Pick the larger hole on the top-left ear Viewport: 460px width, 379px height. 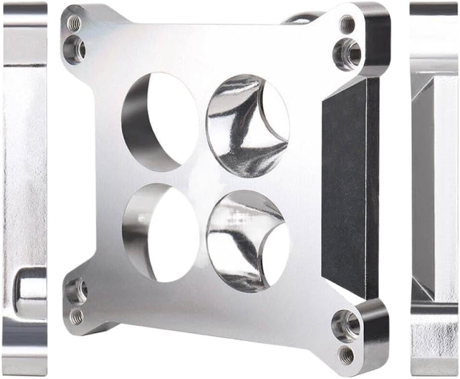pyautogui.click(x=75, y=49)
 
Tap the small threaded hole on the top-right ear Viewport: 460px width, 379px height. pyautogui.click(x=347, y=24)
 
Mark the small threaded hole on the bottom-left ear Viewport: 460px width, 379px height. pyautogui.click(x=77, y=316)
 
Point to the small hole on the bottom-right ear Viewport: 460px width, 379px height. pyautogui.click(x=347, y=355)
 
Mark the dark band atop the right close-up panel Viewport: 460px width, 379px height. pyautogui.click(x=434, y=9)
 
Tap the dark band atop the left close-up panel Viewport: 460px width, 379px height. pyautogui.click(x=25, y=9)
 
